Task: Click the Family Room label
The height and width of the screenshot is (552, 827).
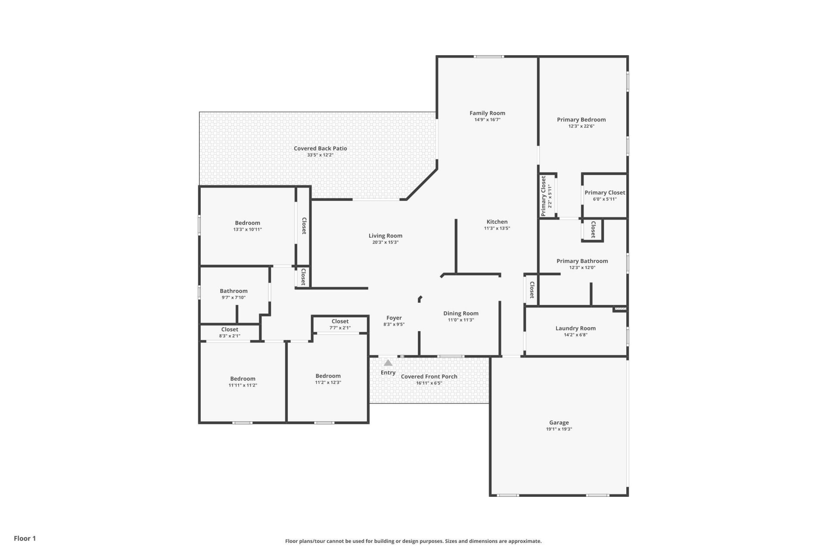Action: click(x=487, y=113)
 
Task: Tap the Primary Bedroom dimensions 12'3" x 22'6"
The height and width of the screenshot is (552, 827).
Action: click(x=581, y=126)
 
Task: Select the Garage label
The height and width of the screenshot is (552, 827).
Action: click(x=559, y=423)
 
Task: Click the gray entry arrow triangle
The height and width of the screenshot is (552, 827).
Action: click(x=388, y=363)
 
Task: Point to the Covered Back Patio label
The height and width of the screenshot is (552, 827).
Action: click(x=320, y=148)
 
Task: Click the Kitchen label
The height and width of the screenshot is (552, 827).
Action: click(x=497, y=222)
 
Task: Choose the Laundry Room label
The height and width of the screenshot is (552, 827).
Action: click(x=575, y=328)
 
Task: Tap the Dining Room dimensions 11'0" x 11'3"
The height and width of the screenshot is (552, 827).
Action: click(x=460, y=320)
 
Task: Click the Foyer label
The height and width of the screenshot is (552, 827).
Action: click(x=394, y=318)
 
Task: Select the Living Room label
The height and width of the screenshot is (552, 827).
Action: click(x=385, y=236)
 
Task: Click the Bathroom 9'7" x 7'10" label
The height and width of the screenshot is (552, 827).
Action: click(x=233, y=291)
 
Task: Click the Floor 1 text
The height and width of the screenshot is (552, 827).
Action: click(x=25, y=538)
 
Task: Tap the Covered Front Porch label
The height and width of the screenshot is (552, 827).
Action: click(x=429, y=376)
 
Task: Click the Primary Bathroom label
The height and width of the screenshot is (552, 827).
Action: click(x=582, y=261)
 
